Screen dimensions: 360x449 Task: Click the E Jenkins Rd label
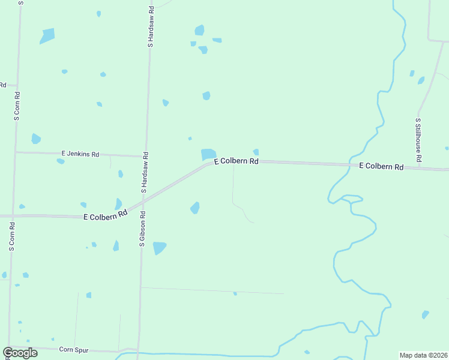(x=80, y=154)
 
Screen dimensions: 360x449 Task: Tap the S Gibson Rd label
(x=143, y=229)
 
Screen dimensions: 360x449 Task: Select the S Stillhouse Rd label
(x=418, y=140)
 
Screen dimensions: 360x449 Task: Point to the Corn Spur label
(x=74, y=349)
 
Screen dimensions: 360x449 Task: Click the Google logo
(x=20, y=353)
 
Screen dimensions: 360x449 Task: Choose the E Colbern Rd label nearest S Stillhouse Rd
(x=381, y=166)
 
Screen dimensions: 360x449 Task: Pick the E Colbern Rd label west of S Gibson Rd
(x=106, y=215)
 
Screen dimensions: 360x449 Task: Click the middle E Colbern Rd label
(x=236, y=161)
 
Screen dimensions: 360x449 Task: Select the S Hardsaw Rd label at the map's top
(x=151, y=27)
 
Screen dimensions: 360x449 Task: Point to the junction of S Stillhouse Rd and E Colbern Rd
(x=418, y=167)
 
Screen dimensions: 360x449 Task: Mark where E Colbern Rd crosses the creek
(x=350, y=164)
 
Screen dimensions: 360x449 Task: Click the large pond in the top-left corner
(x=47, y=36)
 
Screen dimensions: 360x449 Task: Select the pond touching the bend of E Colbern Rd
(x=208, y=154)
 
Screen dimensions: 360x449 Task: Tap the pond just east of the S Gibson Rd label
(x=159, y=247)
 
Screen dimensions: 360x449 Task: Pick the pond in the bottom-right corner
(x=425, y=314)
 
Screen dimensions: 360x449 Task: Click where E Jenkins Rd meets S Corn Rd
(x=16, y=152)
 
